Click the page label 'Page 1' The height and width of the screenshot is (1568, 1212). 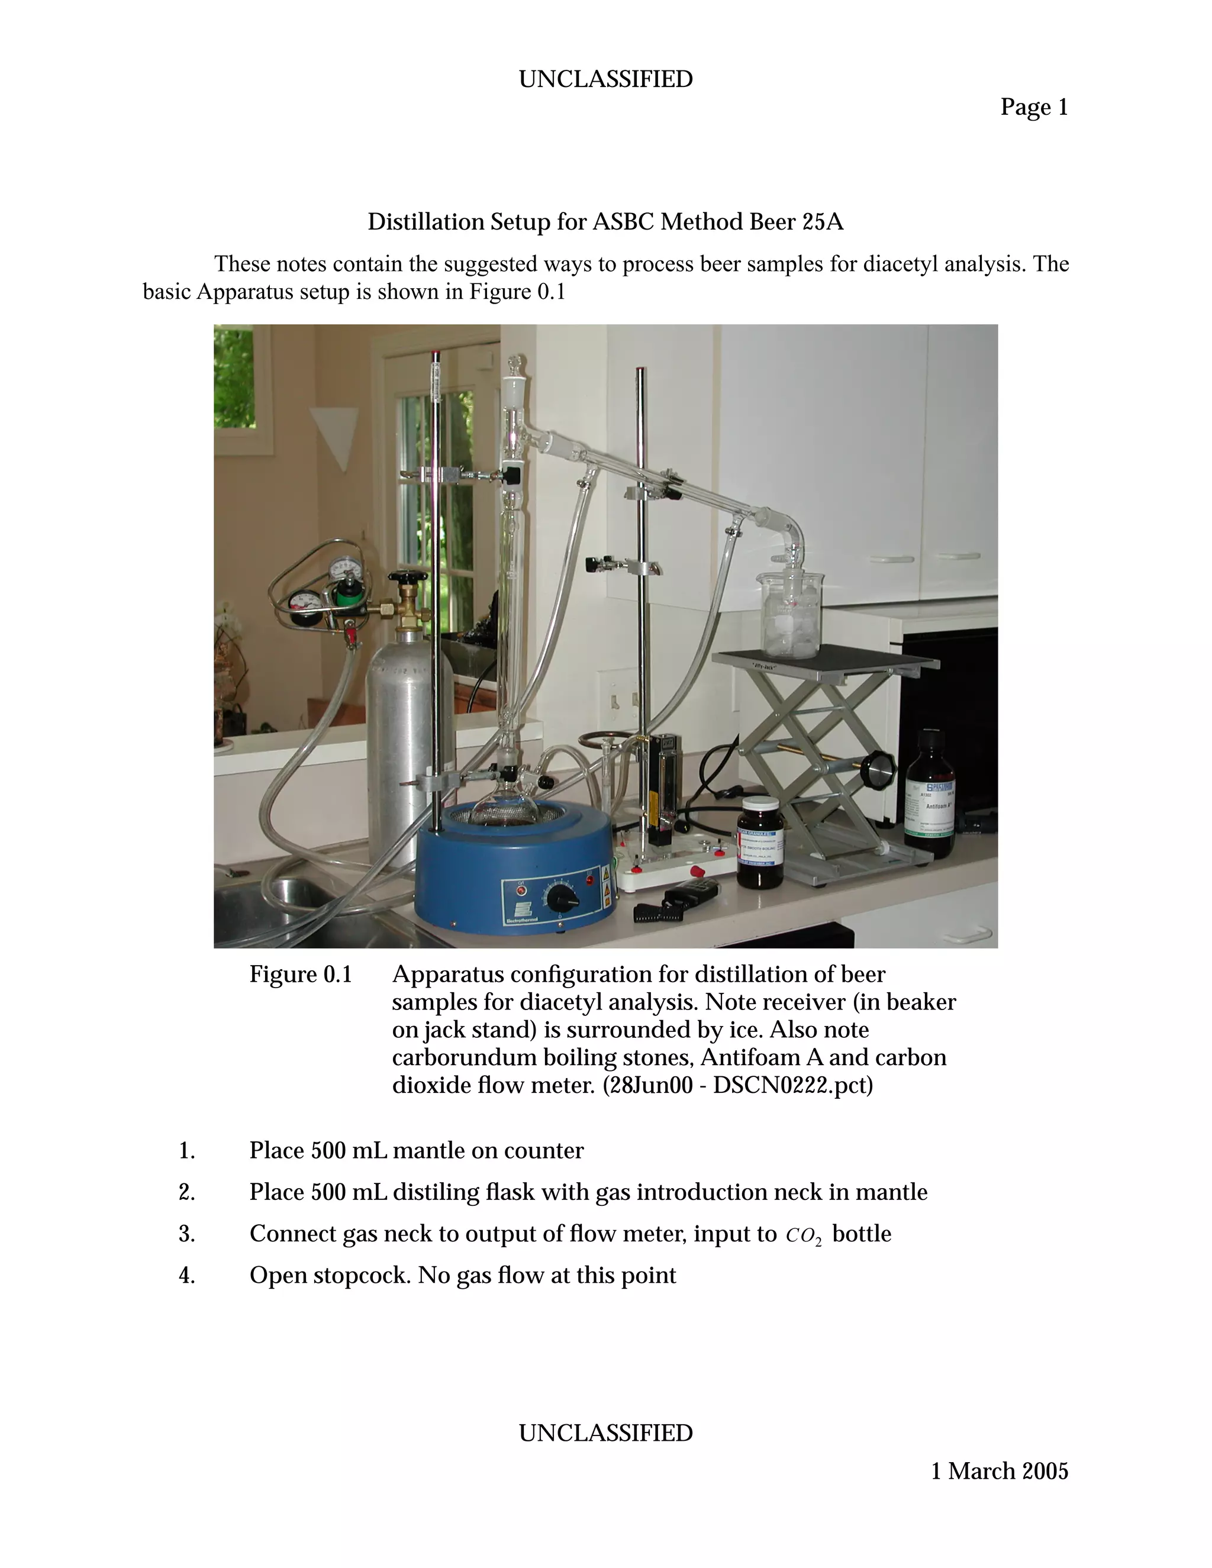[1034, 108]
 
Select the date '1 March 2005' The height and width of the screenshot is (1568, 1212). [999, 1471]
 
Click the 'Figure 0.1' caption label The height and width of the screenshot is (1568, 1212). [300, 975]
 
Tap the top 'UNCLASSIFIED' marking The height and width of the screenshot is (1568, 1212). [605, 79]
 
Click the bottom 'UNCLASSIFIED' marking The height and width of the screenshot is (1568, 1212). [605, 1433]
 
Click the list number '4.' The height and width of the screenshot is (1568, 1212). [186, 1276]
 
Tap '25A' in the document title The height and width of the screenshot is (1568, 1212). [823, 222]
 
